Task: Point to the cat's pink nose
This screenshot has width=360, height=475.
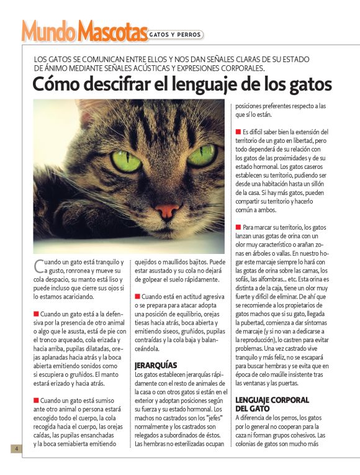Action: [167, 211]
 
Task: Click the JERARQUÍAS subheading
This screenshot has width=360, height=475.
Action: [156, 365]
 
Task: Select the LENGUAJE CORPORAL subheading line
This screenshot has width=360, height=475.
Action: [272, 400]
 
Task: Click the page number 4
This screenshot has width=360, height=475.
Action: [16, 448]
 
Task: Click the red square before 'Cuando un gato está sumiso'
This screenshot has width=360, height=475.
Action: [36, 400]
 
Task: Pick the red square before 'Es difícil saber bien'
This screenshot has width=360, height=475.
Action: [238, 132]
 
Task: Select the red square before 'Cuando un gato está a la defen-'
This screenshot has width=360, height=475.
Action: [36, 314]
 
